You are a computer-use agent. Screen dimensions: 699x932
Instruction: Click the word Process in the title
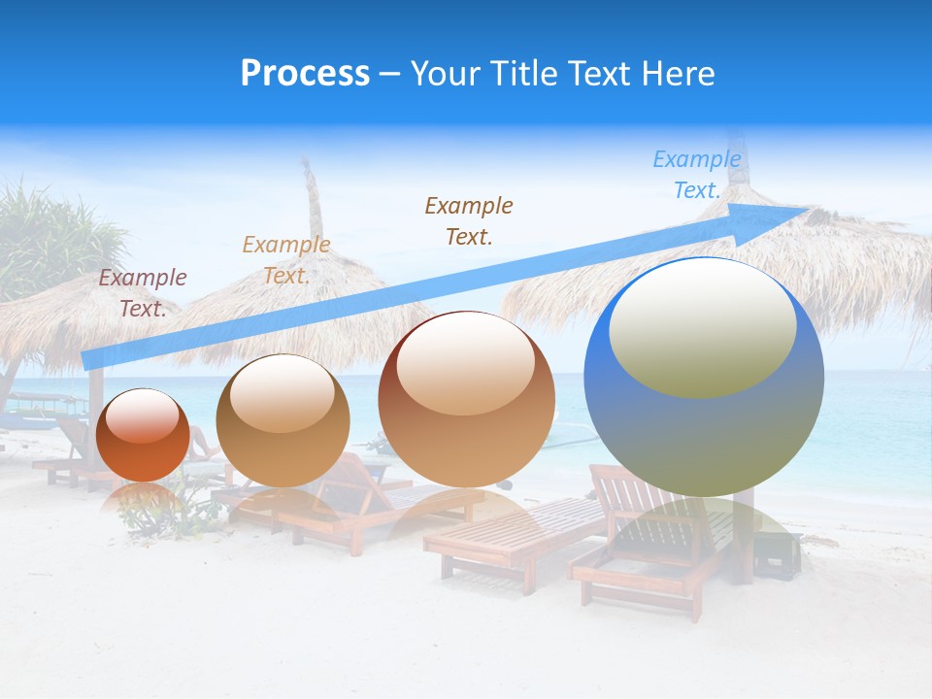305,74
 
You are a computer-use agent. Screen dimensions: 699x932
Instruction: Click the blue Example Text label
696,175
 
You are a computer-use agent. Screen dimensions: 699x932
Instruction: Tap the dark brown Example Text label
469,220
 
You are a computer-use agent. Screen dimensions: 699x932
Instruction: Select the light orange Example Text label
286,260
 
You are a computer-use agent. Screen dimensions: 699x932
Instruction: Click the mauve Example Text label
143,293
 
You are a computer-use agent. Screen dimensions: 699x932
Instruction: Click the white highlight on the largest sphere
702,325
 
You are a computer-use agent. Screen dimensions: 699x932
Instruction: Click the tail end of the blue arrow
89,359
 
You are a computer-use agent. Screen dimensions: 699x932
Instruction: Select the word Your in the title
444,74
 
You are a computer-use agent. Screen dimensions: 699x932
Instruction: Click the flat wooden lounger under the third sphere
505,534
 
